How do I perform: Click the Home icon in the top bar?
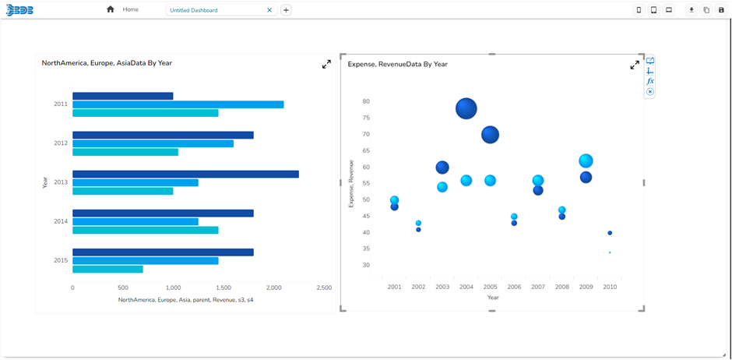coord(111,9)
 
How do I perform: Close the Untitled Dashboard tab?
coord(269,10)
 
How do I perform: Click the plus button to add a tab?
coord(286,10)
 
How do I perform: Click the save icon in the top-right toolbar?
coord(721,10)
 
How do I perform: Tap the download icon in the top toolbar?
coord(691,10)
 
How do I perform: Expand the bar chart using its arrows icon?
coord(326,64)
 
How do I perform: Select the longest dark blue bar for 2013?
coord(185,174)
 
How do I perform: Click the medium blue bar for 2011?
coord(178,104)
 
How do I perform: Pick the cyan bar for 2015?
coord(107,270)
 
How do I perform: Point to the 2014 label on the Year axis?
coord(61,221)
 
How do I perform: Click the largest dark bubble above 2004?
coord(466,108)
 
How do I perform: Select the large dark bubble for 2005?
coord(490,135)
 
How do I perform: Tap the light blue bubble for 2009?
coord(586,161)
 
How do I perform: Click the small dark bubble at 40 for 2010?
coord(610,233)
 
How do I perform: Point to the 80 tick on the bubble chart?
coord(365,101)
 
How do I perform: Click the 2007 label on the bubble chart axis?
coord(538,287)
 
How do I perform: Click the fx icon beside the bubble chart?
coord(650,81)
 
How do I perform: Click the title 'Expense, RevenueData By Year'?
coord(397,64)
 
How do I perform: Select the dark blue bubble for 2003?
coord(442,168)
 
